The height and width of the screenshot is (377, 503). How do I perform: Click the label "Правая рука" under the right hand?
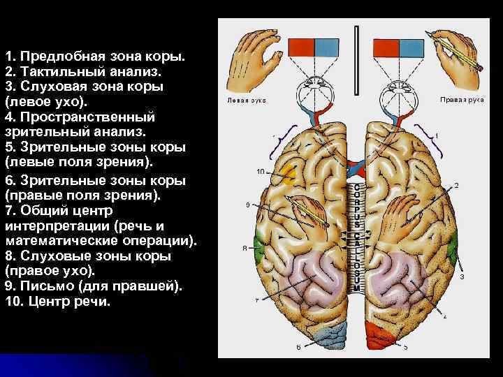(462, 99)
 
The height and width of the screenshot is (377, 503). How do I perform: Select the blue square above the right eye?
(413, 47)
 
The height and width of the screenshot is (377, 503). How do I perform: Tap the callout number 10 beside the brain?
(260, 171)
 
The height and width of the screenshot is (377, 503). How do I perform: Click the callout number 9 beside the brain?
(248, 205)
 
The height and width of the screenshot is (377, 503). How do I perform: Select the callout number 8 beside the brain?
(245, 248)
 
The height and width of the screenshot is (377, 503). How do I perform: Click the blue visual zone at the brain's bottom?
(322, 336)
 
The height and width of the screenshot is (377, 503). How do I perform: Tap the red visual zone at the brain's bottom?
(384, 336)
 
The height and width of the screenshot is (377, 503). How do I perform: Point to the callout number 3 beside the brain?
(462, 276)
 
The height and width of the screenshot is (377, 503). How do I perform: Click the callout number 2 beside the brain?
(456, 186)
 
